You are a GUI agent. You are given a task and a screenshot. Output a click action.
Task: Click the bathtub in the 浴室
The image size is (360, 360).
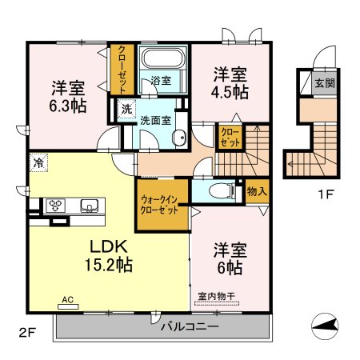click(163, 58)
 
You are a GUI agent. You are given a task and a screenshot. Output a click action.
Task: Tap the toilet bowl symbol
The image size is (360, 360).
click(222, 191)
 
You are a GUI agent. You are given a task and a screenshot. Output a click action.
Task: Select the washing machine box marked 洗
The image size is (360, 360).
click(126, 109)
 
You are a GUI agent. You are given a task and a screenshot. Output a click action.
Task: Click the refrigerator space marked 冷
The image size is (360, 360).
click(38, 162)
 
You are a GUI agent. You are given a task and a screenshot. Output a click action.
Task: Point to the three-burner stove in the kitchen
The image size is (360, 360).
click(56, 206)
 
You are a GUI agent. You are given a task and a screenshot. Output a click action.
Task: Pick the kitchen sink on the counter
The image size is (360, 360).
click(90, 206)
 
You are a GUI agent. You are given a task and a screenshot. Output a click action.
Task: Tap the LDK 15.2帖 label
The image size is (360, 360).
click(109, 255)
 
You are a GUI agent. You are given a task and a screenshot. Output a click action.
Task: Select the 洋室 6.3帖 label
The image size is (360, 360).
click(68, 97)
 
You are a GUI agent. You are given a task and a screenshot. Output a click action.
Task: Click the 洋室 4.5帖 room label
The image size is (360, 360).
click(230, 83)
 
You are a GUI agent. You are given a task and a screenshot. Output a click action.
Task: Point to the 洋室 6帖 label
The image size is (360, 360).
click(230, 258)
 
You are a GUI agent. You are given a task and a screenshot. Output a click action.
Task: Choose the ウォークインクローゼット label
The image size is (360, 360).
click(159, 205)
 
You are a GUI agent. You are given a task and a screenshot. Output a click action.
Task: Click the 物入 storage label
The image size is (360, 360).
click(257, 191)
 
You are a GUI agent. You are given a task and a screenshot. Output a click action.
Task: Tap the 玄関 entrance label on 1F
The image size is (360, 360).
click(325, 83)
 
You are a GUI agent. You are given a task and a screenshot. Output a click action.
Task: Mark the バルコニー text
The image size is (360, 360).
click(190, 326)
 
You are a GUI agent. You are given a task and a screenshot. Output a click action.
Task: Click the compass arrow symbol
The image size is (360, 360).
click(325, 326)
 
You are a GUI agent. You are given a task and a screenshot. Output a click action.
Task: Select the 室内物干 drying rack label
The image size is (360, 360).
click(217, 296)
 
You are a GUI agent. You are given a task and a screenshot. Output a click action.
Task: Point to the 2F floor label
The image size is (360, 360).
click(27, 333)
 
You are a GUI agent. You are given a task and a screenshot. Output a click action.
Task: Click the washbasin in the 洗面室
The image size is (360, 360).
click(180, 138)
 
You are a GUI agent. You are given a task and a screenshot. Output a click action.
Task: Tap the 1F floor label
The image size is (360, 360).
click(326, 194)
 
